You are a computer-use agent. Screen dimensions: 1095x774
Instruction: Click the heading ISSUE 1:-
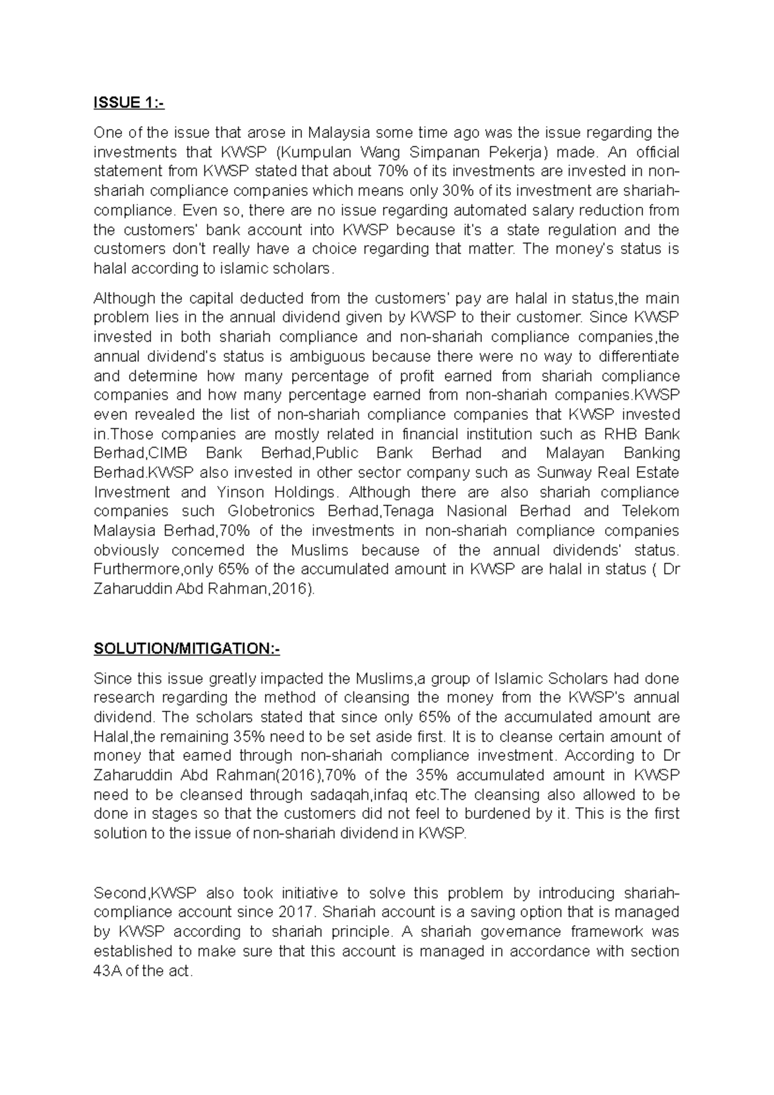pyautogui.click(x=129, y=103)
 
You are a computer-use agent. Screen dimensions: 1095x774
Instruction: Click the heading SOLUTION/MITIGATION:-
pyautogui.click(x=187, y=649)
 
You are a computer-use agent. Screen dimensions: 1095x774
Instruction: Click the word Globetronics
pyautogui.click(x=272, y=511)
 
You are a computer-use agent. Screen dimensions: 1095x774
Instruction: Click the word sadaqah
pyautogui.click(x=343, y=794)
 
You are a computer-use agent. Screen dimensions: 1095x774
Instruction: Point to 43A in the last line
pyautogui.click(x=107, y=971)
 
